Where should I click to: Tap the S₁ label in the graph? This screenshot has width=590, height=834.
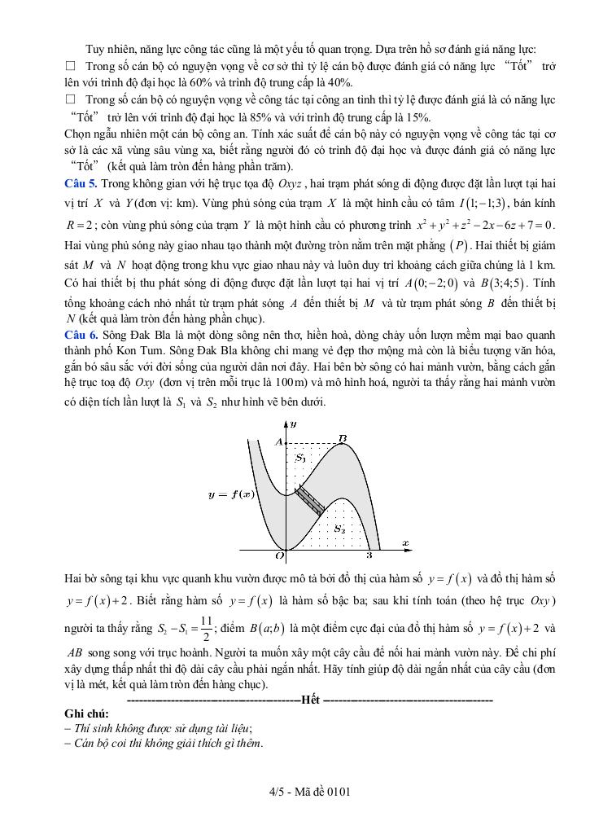(x=300, y=458)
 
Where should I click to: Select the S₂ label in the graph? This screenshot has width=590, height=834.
(x=339, y=529)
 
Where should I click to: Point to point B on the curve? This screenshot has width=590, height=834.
(x=343, y=440)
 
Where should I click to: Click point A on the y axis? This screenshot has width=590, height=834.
(x=278, y=441)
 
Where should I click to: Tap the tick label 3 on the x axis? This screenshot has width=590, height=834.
(x=369, y=556)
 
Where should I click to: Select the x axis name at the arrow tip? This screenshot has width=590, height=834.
(x=404, y=542)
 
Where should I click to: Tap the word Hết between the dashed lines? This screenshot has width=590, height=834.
(x=310, y=700)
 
